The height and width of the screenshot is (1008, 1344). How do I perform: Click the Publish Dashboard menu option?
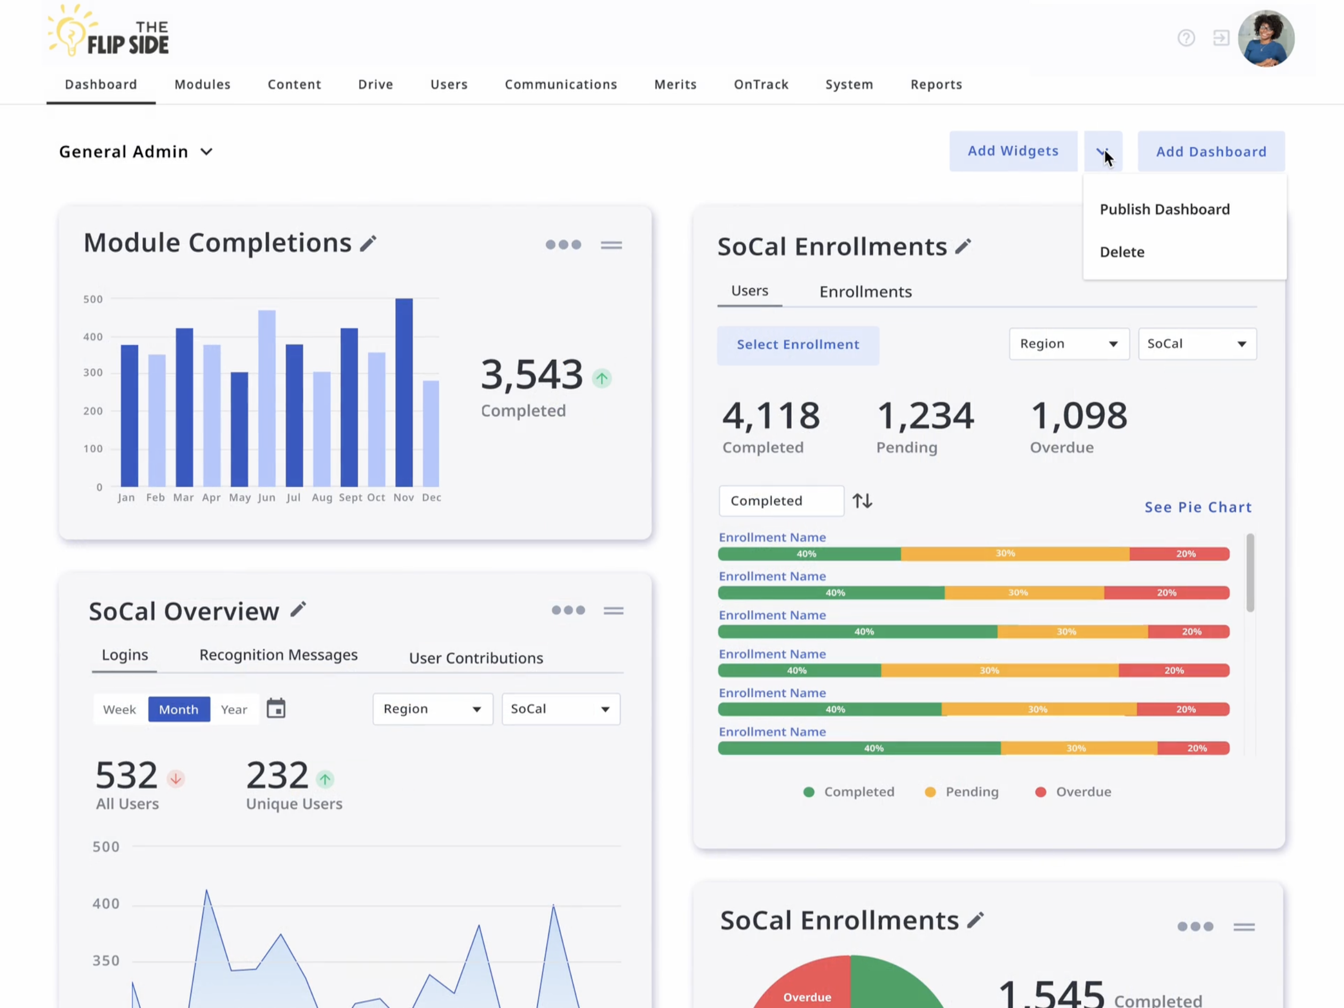(x=1164, y=210)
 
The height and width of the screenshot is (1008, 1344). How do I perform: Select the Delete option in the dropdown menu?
(x=1122, y=252)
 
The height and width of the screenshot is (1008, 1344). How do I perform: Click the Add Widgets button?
(x=1013, y=152)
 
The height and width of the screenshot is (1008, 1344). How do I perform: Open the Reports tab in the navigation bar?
(x=936, y=84)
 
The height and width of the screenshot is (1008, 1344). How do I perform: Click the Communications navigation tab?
(x=560, y=84)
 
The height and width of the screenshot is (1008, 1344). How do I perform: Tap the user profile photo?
(x=1266, y=38)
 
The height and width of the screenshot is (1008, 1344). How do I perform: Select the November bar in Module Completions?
(x=403, y=392)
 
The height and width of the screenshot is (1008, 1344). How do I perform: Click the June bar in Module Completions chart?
(x=267, y=398)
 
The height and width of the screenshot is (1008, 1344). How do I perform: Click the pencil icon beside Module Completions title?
(x=368, y=244)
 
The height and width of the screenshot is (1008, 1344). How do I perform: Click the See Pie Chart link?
(x=1198, y=507)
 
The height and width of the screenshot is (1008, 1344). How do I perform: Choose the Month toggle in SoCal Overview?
(x=179, y=709)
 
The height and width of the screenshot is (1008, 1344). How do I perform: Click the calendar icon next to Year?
(x=276, y=709)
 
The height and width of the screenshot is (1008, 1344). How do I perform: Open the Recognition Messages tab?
(x=279, y=655)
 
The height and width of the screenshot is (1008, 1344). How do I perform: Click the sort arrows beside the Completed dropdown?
(x=862, y=501)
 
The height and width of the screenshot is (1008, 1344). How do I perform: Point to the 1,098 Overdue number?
(x=1078, y=416)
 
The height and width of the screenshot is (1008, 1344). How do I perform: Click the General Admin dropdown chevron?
(x=206, y=152)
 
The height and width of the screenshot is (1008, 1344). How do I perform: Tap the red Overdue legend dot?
(x=1040, y=792)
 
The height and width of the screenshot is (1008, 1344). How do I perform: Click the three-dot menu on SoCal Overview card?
(x=568, y=610)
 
